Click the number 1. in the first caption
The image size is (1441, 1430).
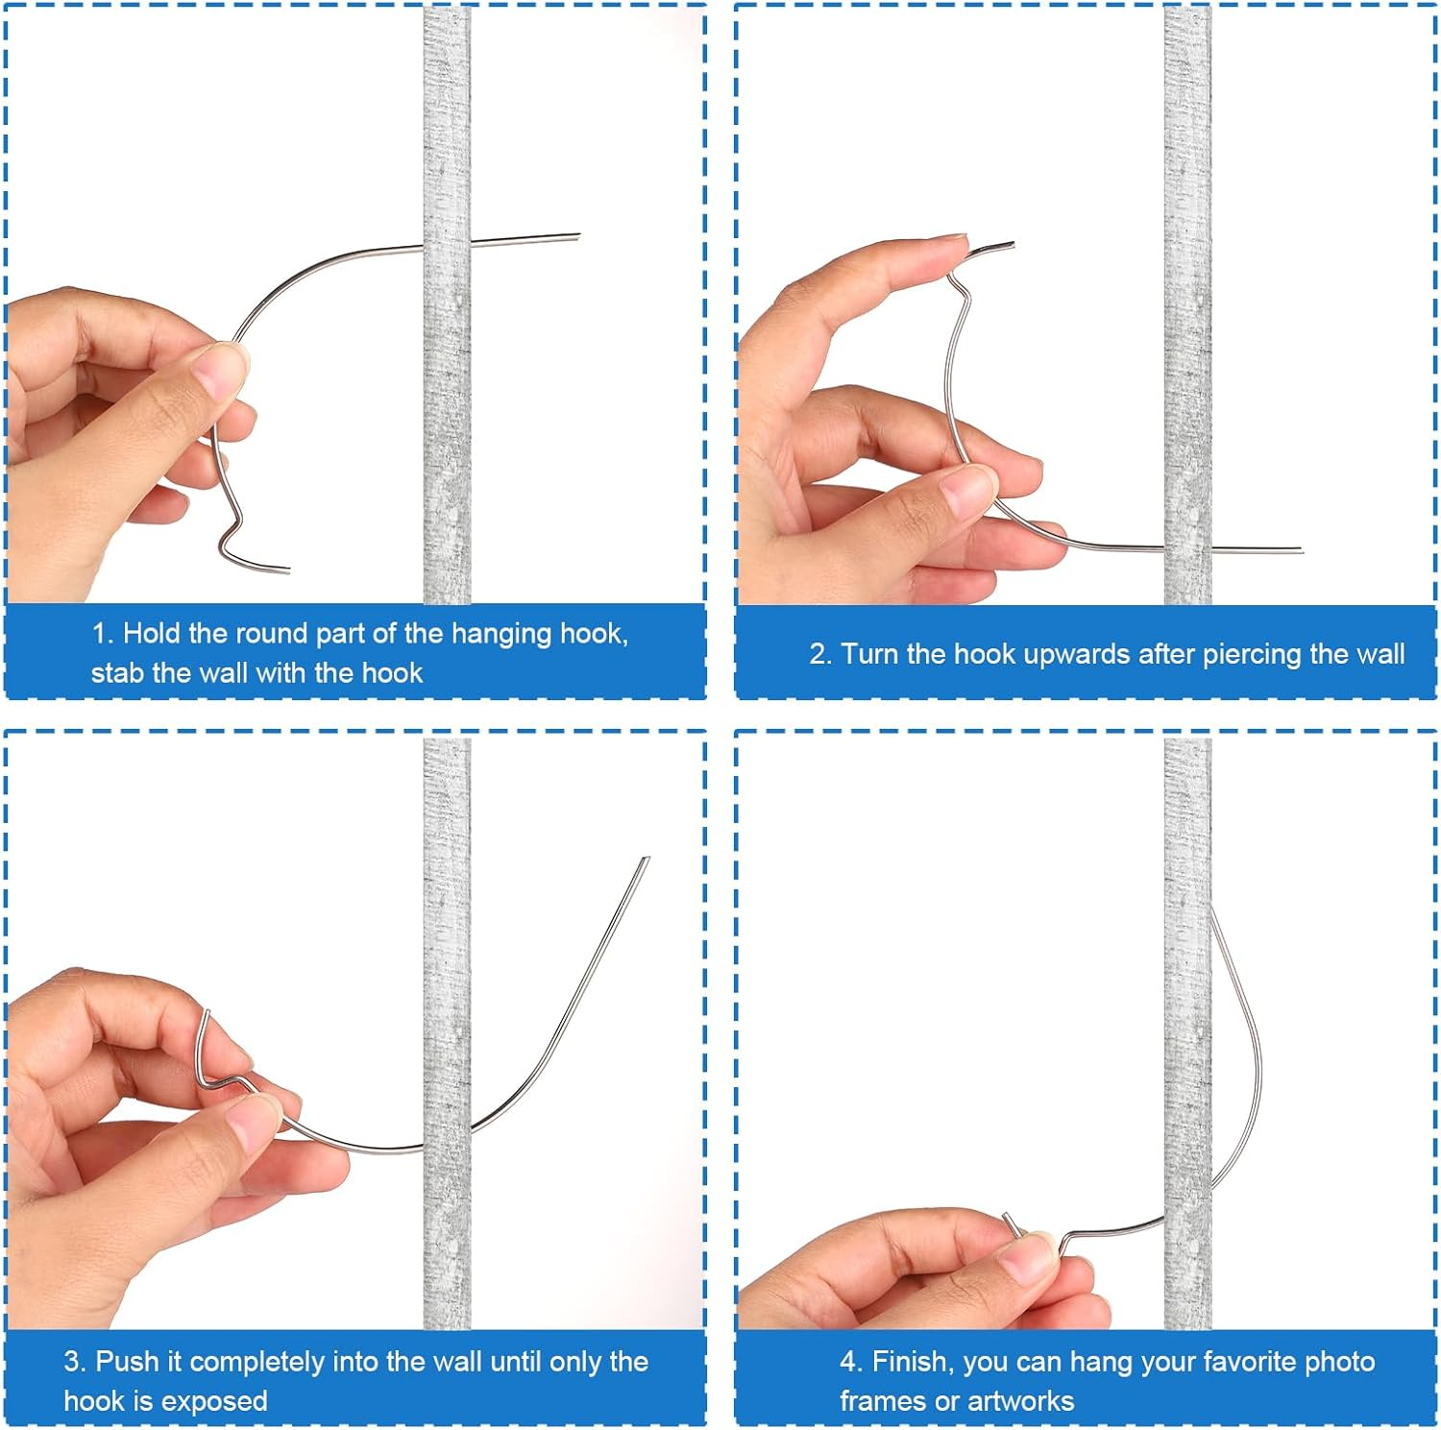click(x=103, y=634)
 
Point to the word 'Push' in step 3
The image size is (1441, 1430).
click(x=128, y=1362)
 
